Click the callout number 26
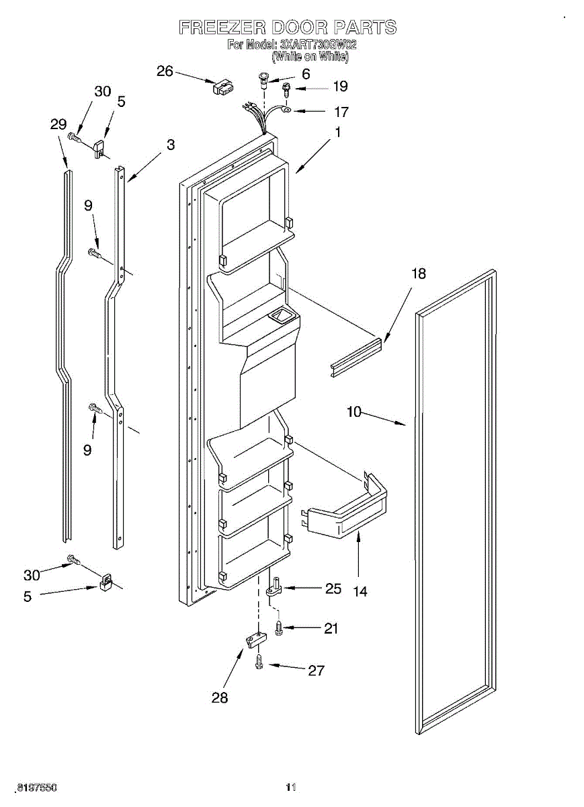[x=165, y=71]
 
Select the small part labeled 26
[x=223, y=87]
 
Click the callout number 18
[x=419, y=273]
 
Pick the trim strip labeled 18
[x=356, y=356]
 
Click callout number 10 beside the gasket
[x=354, y=412]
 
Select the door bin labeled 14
[x=346, y=514]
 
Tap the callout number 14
[x=360, y=591]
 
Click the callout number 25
[x=333, y=588]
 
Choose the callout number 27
[x=316, y=670]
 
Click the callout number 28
[x=220, y=697]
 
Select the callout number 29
[x=58, y=124]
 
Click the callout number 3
[x=171, y=145]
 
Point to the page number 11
[x=291, y=787]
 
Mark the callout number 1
[x=338, y=133]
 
